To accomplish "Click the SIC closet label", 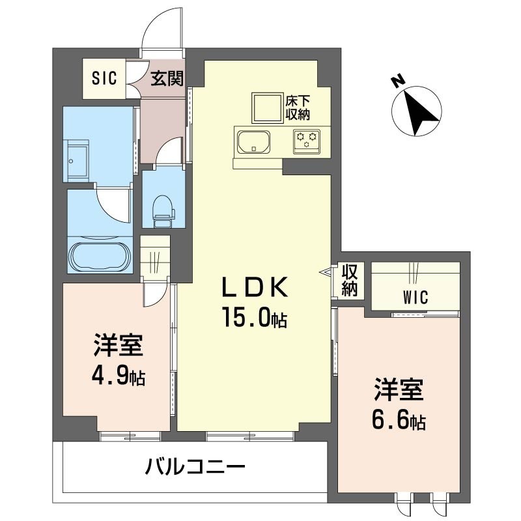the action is [x=104, y=78].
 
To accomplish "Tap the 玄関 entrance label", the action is [x=167, y=79].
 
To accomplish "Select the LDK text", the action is [x=255, y=287].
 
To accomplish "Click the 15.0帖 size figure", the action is [x=255, y=317].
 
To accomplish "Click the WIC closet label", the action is [x=415, y=297].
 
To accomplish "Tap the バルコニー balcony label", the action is [x=195, y=467].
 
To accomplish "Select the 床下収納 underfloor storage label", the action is [x=298, y=107].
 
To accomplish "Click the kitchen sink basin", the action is [x=254, y=142].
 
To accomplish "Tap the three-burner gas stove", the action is [x=307, y=142].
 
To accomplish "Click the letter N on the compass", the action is [x=398, y=81].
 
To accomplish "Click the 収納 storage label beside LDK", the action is [x=350, y=280].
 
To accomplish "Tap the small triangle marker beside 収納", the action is [x=327, y=272].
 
